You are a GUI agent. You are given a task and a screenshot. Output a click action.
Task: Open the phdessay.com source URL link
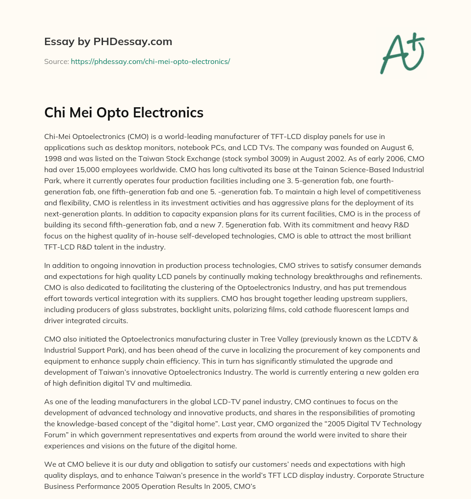(150, 61)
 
